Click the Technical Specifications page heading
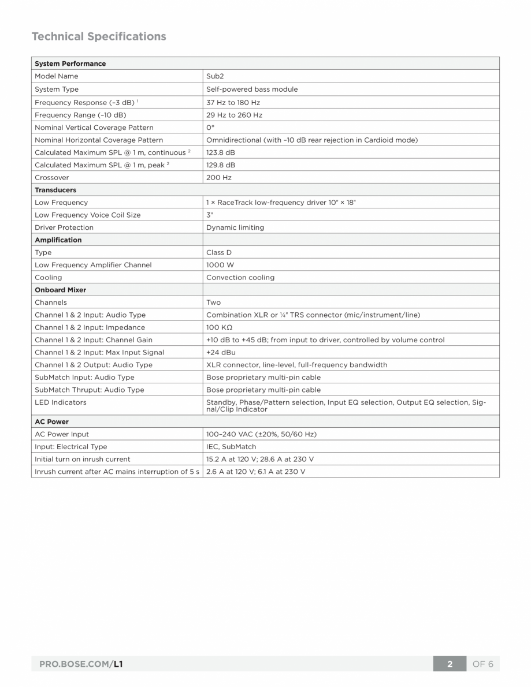tap(99, 36)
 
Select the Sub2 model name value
tap(215, 76)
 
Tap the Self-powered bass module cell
tap(252, 89)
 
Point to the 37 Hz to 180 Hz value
tap(233, 102)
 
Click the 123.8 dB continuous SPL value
tap(220, 152)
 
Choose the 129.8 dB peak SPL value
tap(220, 165)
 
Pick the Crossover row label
tap(51, 178)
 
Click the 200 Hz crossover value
tap(218, 178)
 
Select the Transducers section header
tap(55, 190)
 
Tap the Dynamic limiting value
tap(235, 227)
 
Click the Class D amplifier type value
tap(218, 252)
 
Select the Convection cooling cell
tap(240, 278)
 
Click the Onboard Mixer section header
tap(60, 290)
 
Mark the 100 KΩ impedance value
tap(218, 327)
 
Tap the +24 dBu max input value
tap(221, 352)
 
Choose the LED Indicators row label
tap(60, 402)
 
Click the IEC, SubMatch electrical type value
tap(231, 447)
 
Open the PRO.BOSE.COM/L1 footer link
tap(81, 664)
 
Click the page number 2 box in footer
tap(450, 664)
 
